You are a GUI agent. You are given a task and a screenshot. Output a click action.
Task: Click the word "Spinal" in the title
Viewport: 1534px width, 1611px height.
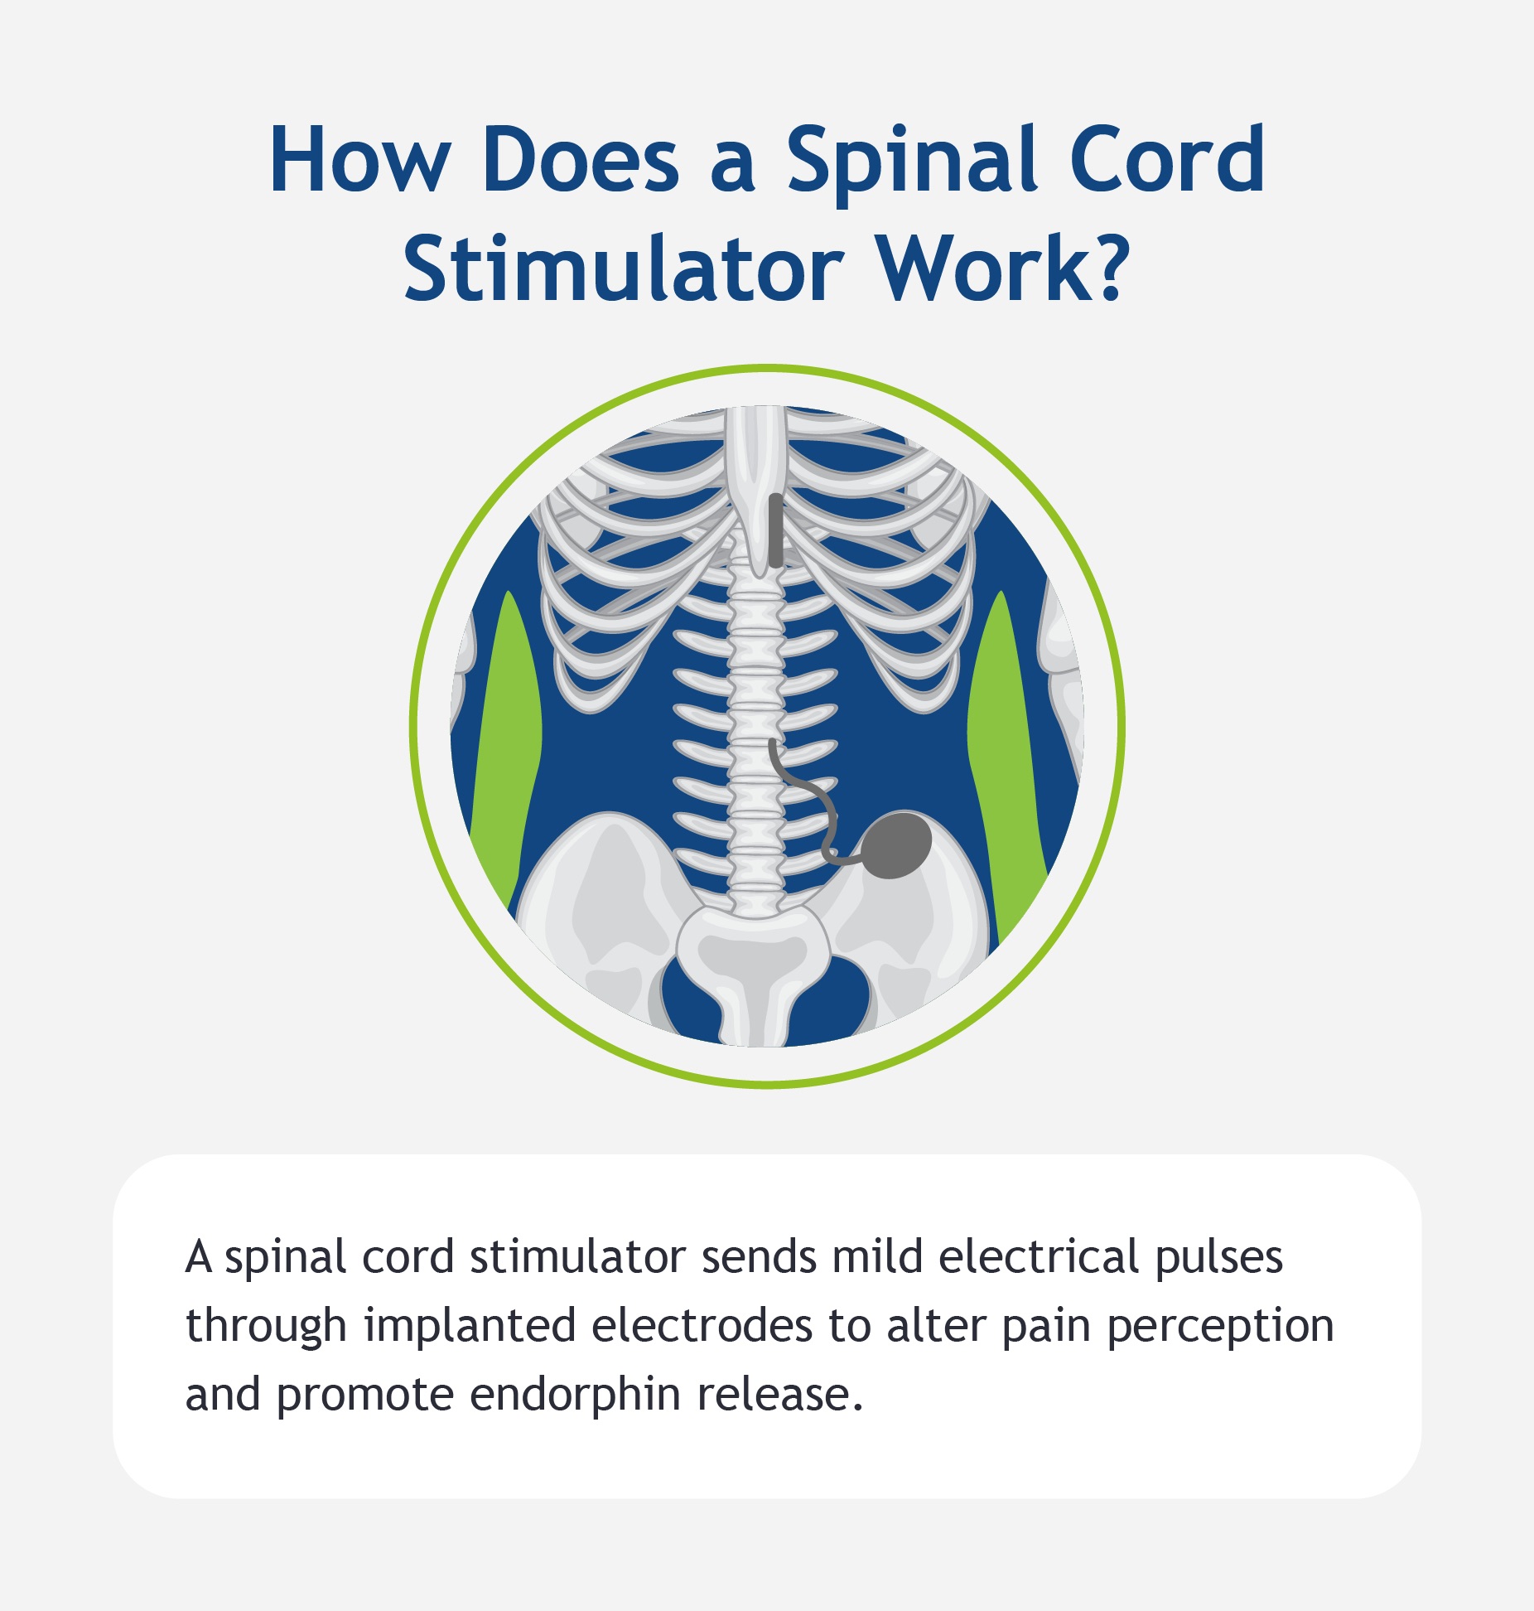(x=911, y=162)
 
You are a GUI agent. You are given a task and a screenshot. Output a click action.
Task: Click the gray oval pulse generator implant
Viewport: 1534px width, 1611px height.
(x=895, y=844)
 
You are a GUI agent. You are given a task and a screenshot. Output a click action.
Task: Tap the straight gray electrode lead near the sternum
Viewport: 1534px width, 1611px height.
(x=774, y=530)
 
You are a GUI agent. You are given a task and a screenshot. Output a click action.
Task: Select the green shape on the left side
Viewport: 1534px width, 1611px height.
(x=507, y=750)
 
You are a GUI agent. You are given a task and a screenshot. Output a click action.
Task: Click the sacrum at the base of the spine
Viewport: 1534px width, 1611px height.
(x=752, y=965)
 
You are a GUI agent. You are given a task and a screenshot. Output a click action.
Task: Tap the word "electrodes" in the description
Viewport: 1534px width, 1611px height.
(x=702, y=1326)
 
